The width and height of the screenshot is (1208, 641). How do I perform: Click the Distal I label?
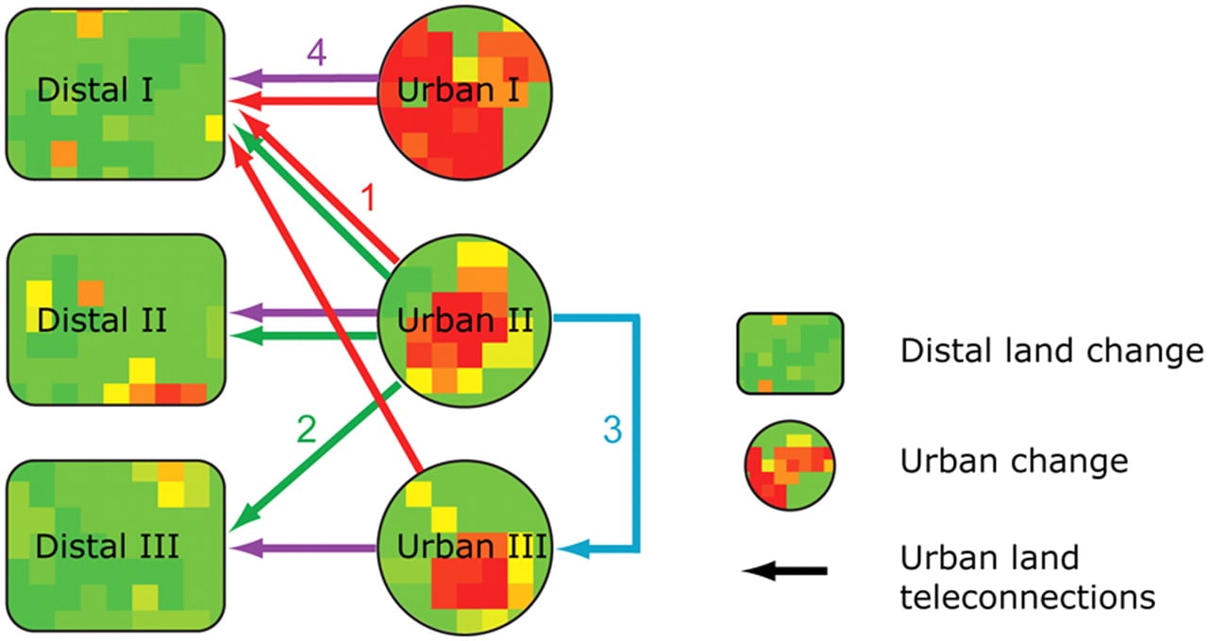[x=95, y=92]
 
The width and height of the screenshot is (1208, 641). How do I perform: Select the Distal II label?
[x=102, y=320]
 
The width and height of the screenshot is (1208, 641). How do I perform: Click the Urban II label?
[x=465, y=320]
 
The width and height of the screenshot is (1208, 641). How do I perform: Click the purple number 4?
[x=316, y=54]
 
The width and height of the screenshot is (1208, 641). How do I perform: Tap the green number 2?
[x=305, y=430]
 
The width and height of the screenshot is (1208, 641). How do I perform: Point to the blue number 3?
[x=612, y=430]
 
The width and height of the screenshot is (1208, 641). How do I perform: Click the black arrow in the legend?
[x=784, y=571]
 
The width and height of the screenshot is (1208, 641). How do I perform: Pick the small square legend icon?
[x=790, y=353]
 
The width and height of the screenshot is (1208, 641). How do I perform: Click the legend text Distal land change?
[x=1051, y=352]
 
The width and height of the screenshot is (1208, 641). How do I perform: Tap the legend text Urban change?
[x=1014, y=462]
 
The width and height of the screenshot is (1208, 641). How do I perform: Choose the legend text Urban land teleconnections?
[x=1027, y=577]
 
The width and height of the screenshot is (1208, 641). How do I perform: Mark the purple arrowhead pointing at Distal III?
[x=241, y=548]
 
